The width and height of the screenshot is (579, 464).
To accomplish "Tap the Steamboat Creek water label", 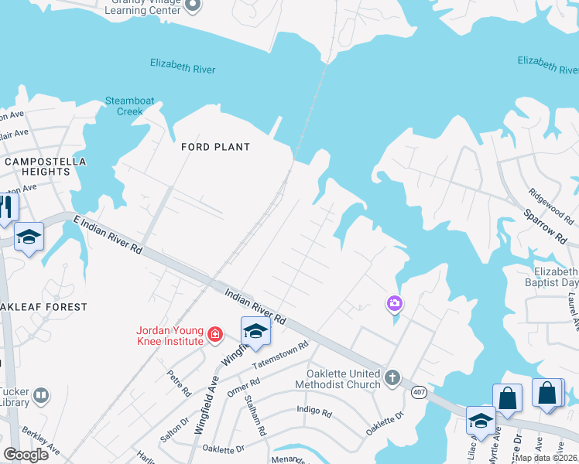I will (124, 106).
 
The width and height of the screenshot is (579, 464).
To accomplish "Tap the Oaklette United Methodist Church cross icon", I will (392, 377).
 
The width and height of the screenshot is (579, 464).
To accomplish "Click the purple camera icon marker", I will (395, 303).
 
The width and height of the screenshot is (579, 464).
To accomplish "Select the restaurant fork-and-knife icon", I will (7, 207).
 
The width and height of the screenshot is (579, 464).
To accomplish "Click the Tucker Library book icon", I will (41, 397).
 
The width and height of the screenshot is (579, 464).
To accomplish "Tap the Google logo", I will (26, 455).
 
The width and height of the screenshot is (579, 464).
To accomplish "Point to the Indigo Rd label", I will (313, 411).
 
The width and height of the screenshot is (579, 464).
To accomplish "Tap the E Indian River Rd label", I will (108, 235).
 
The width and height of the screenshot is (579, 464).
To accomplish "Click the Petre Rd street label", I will (179, 382).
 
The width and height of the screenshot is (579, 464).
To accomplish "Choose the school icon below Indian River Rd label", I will (255, 332).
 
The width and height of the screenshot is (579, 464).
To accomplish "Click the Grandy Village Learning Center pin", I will (194, 6).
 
